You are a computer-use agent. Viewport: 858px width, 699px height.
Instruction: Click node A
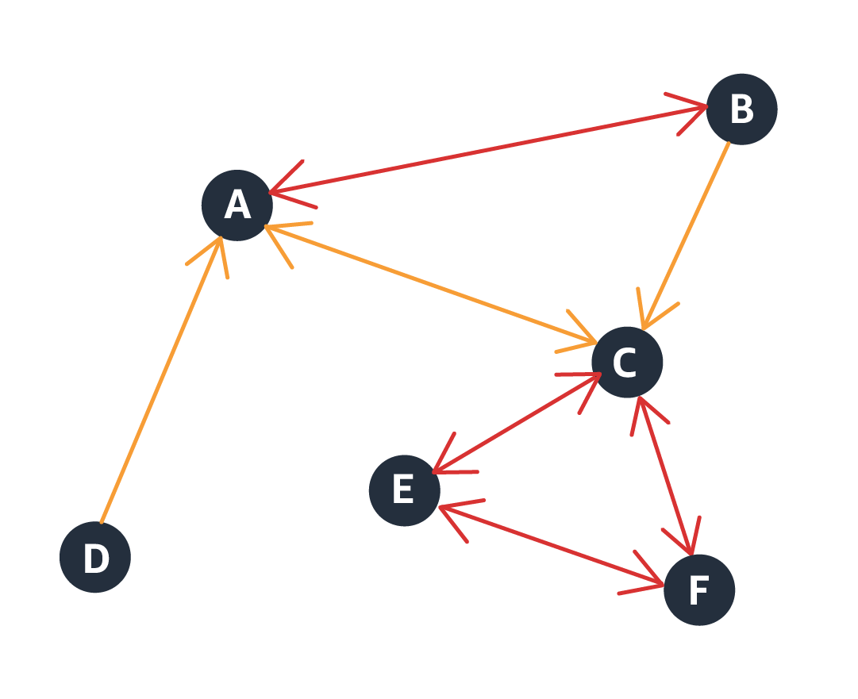(x=237, y=205)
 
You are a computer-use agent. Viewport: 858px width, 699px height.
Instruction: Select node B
(x=741, y=109)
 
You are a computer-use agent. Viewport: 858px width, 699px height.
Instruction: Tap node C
(x=627, y=363)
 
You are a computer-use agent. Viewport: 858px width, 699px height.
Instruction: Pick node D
(x=95, y=557)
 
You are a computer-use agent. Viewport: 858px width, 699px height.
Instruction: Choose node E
(x=404, y=490)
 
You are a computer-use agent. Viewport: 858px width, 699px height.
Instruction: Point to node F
(x=699, y=590)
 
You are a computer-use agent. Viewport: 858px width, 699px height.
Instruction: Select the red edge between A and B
(x=488, y=149)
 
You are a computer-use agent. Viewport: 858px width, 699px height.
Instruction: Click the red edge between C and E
(x=516, y=424)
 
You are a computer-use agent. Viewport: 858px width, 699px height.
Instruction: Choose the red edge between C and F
(x=666, y=475)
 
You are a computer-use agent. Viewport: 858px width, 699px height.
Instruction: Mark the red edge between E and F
(x=552, y=546)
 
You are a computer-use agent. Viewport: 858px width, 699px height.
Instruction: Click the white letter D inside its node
(x=95, y=559)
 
